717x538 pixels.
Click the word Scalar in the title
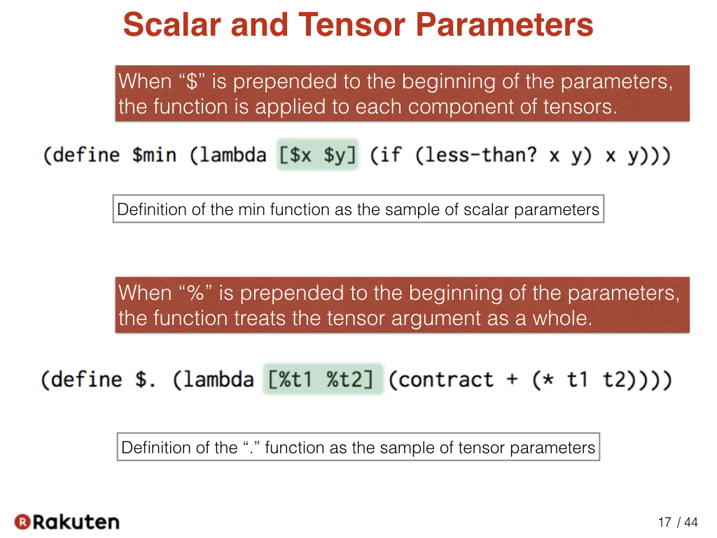(x=173, y=25)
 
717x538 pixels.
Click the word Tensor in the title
(x=352, y=25)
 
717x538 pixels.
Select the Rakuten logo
(x=67, y=521)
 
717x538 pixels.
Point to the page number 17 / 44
(x=678, y=522)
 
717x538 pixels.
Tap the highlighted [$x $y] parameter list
(x=317, y=155)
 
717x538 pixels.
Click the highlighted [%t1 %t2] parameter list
(x=322, y=379)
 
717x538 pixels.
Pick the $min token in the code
(x=154, y=155)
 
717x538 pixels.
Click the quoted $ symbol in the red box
(x=193, y=81)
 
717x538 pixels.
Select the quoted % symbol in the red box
(x=196, y=293)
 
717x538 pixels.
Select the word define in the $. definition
(x=86, y=380)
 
